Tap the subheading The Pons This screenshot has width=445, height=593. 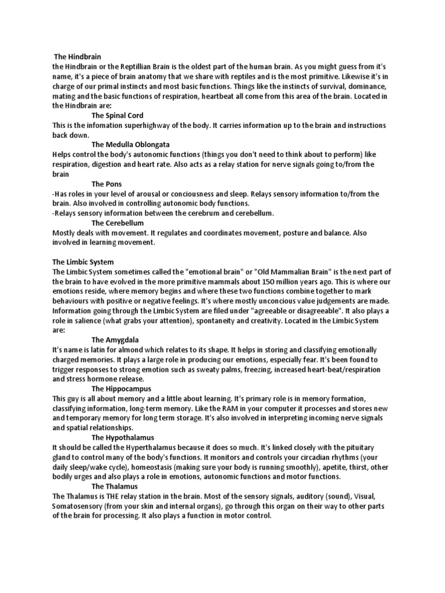point(107,184)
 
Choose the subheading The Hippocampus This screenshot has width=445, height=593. point(121,389)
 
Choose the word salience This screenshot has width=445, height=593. point(89,320)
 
